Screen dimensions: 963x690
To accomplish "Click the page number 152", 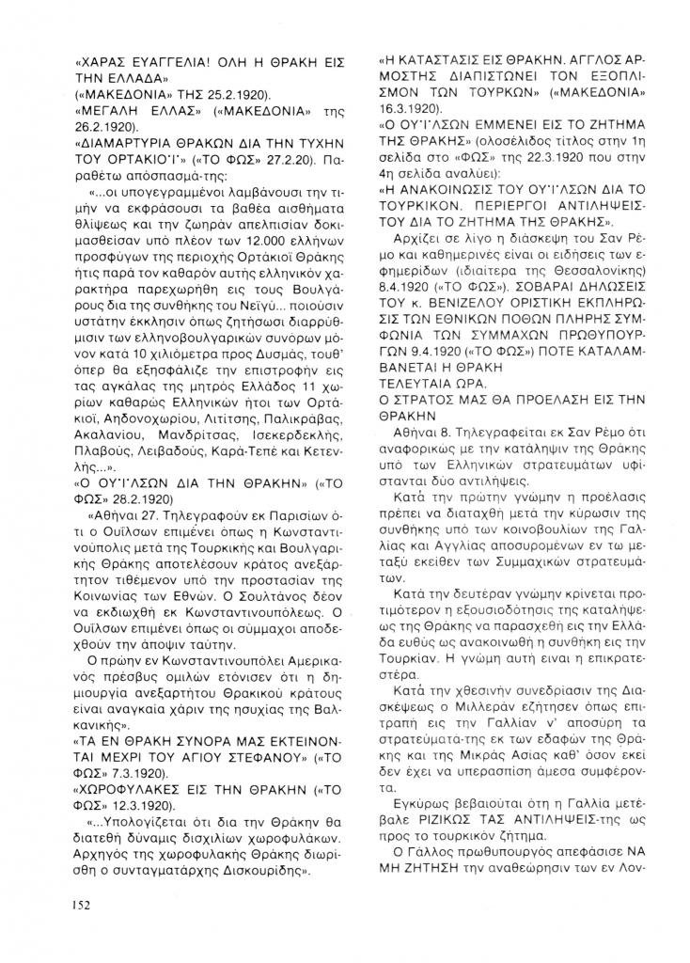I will pos(80,905).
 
